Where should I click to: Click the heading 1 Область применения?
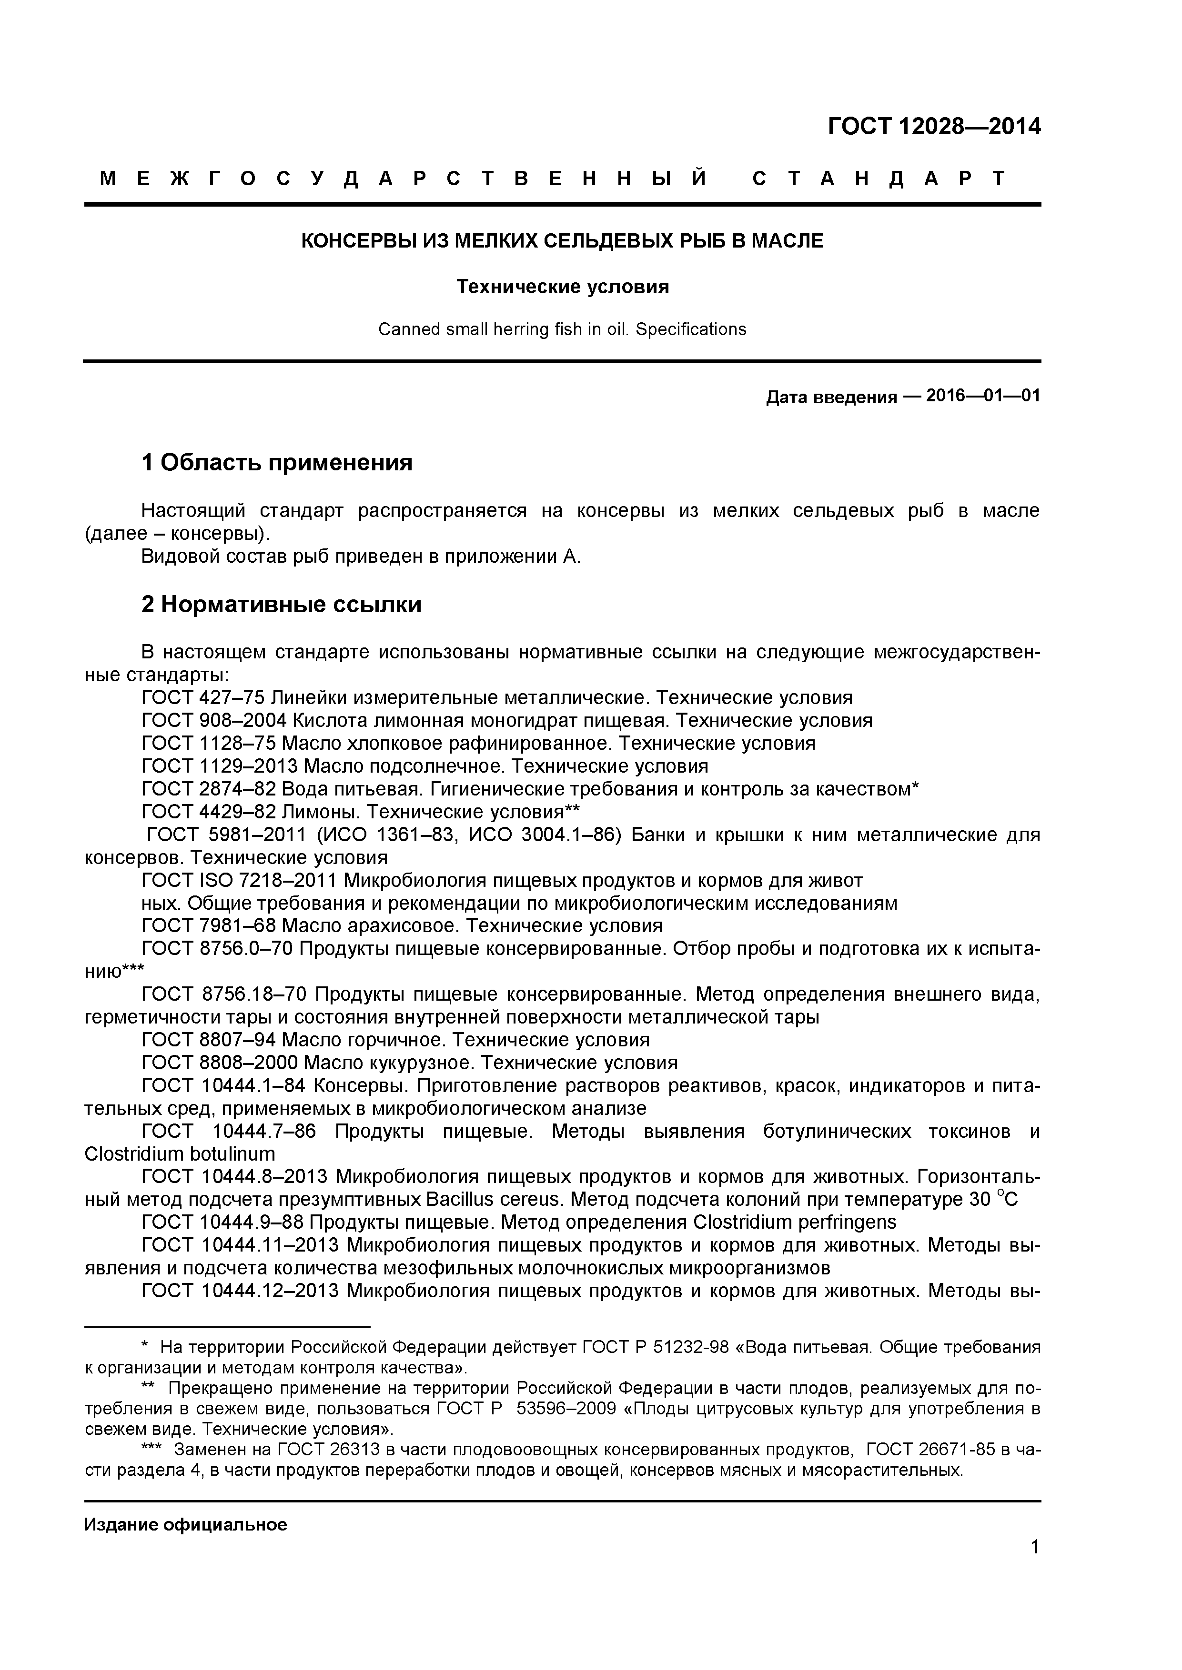[277, 463]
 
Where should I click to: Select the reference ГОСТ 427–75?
[202, 697]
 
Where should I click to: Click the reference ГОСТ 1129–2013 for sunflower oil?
[219, 766]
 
